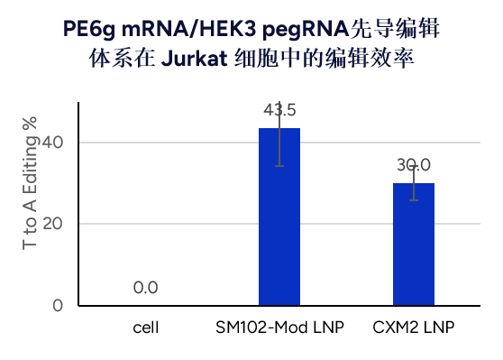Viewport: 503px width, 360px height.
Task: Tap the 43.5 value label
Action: pos(279,111)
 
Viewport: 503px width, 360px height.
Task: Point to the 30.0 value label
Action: pos(414,165)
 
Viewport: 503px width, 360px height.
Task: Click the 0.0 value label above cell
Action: pos(145,288)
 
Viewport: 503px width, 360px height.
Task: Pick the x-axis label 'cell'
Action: pos(145,326)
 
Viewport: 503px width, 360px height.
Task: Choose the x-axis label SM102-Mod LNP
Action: pos(279,326)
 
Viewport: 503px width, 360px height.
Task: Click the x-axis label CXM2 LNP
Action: pos(414,326)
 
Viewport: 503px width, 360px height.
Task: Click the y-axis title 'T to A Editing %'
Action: pos(30,197)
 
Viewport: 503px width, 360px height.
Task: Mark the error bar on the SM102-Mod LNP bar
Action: pos(279,144)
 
